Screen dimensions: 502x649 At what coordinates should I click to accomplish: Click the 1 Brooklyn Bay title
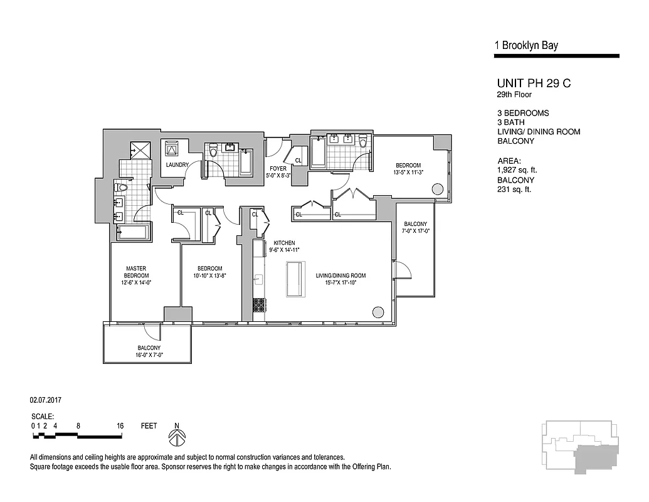(x=526, y=45)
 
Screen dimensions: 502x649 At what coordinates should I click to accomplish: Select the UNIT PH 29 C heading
(x=533, y=83)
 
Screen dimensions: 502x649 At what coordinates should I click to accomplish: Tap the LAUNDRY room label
(x=177, y=165)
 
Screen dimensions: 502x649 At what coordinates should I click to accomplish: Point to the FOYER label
(x=278, y=169)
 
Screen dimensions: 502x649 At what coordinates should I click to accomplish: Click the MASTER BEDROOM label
(x=135, y=272)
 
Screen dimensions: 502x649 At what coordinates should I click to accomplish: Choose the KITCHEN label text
(x=283, y=243)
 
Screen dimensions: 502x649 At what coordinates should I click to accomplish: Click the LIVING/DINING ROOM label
(x=340, y=275)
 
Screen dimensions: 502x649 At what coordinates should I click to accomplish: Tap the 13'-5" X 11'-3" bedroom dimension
(x=408, y=172)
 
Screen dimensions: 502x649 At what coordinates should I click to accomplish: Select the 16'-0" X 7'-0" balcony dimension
(x=149, y=355)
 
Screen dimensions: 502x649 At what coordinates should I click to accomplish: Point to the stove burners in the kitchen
(x=259, y=305)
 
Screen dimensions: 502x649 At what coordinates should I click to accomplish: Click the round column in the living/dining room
(x=378, y=311)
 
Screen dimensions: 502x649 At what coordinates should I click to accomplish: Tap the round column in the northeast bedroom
(x=438, y=189)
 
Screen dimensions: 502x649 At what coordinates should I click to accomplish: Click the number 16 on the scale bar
(x=120, y=426)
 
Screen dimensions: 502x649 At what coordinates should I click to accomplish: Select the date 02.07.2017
(x=46, y=399)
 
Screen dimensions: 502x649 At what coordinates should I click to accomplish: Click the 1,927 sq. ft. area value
(x=517, y=170)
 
